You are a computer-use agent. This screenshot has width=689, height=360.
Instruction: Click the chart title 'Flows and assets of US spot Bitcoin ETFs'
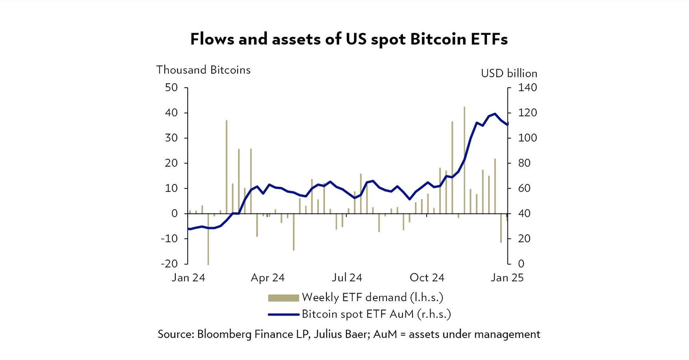[349, 39]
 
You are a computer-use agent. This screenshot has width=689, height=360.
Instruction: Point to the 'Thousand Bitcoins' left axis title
[203, 70]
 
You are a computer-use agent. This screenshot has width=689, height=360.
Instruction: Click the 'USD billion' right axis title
[509, 74]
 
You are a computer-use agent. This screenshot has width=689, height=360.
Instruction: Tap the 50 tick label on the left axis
[171, 88]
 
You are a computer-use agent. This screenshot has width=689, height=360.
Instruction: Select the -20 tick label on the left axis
[170, 264]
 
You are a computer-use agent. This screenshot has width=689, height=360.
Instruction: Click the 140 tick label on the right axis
[527, 88]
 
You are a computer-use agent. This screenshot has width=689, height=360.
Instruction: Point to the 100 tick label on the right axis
[527, 138]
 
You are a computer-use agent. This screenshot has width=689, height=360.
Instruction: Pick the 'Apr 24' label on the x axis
[268, 278]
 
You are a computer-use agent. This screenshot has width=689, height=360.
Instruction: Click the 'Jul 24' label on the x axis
[347, 278]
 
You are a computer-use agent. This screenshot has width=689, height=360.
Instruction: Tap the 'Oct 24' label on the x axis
[427, 278]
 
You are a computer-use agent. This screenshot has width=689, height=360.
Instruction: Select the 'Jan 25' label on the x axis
[507, 278]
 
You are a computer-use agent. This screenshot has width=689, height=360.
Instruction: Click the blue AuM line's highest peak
[495, 114]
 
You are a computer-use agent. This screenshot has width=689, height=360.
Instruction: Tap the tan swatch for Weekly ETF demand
[283, 298]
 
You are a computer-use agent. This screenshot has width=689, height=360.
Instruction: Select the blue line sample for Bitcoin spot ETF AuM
[283, 315]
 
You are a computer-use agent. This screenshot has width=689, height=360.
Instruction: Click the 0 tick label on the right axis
[521, 264]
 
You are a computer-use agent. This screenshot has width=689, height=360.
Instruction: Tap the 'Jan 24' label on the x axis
[188, 278]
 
